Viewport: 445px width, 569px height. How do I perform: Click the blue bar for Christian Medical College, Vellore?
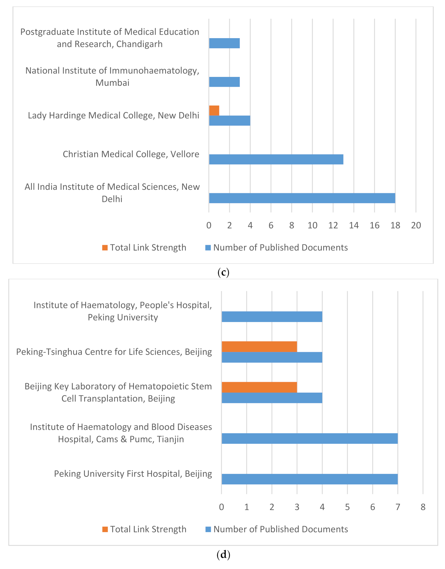[276, 159]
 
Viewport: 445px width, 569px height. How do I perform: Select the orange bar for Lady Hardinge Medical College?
[214, 111]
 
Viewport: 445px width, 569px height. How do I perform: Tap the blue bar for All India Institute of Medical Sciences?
[302, 198]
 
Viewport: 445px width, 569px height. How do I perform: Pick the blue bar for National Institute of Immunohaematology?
[224, 82]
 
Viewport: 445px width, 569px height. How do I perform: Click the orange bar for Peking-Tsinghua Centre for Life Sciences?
[259, 346]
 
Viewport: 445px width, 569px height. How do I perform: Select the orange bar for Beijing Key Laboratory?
[259, 387]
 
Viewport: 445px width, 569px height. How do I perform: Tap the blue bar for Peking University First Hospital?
[309, 479]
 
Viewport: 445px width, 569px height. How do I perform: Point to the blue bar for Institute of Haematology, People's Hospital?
[272, 317]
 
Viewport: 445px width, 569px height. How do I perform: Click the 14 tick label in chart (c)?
[354, 225]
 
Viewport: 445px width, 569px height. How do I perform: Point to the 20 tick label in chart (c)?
[416, 225]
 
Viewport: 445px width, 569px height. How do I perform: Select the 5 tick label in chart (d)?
[347, 507]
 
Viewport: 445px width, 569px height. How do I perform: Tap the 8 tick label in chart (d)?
[423, 507]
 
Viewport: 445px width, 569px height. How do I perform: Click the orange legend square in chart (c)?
[105, 248]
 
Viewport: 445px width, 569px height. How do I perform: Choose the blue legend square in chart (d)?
[208, 529]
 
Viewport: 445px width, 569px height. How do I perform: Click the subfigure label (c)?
[223, 272]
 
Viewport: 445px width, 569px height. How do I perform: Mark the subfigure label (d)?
[223, 555]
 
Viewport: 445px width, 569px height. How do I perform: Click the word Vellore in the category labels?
[185, 154]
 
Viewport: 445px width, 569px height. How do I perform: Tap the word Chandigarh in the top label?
[140, 44]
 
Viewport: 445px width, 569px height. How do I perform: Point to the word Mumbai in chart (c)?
[112, 83]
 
